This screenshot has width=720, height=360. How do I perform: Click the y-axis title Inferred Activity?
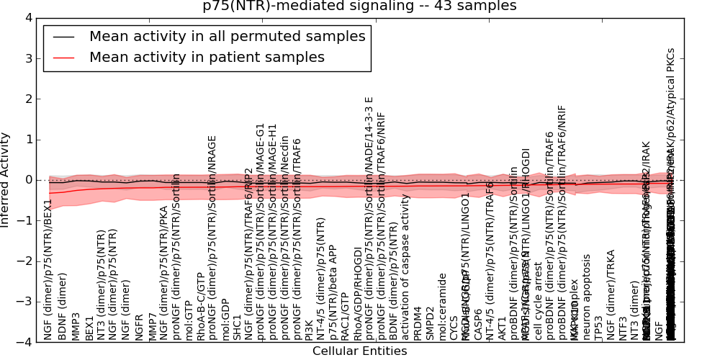(6, 180)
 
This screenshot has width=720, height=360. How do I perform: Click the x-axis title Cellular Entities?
(359, 351)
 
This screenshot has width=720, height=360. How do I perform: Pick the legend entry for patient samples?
(207, 58)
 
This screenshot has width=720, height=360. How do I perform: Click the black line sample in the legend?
(63, 36)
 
